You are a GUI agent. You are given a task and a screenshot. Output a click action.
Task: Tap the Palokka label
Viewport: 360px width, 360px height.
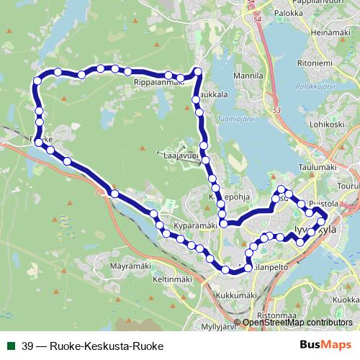[288, 12]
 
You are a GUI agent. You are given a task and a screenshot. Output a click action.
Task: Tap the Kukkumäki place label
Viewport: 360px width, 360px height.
[236, 295]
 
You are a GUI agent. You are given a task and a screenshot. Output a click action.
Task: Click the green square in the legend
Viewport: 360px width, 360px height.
[10, 345]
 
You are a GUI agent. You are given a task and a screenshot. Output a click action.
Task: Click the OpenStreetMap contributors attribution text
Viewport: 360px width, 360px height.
[297, 322]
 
